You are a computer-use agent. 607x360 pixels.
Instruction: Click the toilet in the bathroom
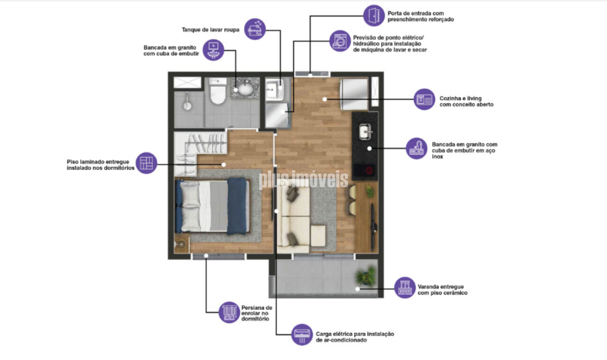pos(218,92)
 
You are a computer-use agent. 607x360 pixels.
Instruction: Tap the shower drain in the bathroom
pos(187,106)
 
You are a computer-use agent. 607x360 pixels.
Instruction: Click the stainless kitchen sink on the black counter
pos(365,131)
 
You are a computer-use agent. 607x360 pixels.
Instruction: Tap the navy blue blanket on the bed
pos(237,206)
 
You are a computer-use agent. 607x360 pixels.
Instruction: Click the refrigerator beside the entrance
pos(354,94)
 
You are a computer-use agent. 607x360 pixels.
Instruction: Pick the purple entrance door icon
pos(374,16)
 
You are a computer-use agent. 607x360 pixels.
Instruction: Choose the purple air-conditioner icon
pos(302,334)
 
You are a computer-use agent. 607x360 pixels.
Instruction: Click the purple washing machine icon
pos(340,41)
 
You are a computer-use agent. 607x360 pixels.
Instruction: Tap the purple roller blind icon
pos(229,312)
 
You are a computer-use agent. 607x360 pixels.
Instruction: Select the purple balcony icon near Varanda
pos(405,287)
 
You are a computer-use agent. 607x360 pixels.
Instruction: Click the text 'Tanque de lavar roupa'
pos(211,29)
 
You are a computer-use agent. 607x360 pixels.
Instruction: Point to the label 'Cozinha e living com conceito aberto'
pos(466,102)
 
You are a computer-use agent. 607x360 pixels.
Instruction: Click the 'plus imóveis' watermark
pos(303,179)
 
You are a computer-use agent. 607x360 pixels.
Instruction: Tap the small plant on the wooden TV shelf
pos(370,192)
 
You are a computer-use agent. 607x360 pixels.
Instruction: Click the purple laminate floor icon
pos(147,163)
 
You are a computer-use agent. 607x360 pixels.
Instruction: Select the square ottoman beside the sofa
pos(318,236)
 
